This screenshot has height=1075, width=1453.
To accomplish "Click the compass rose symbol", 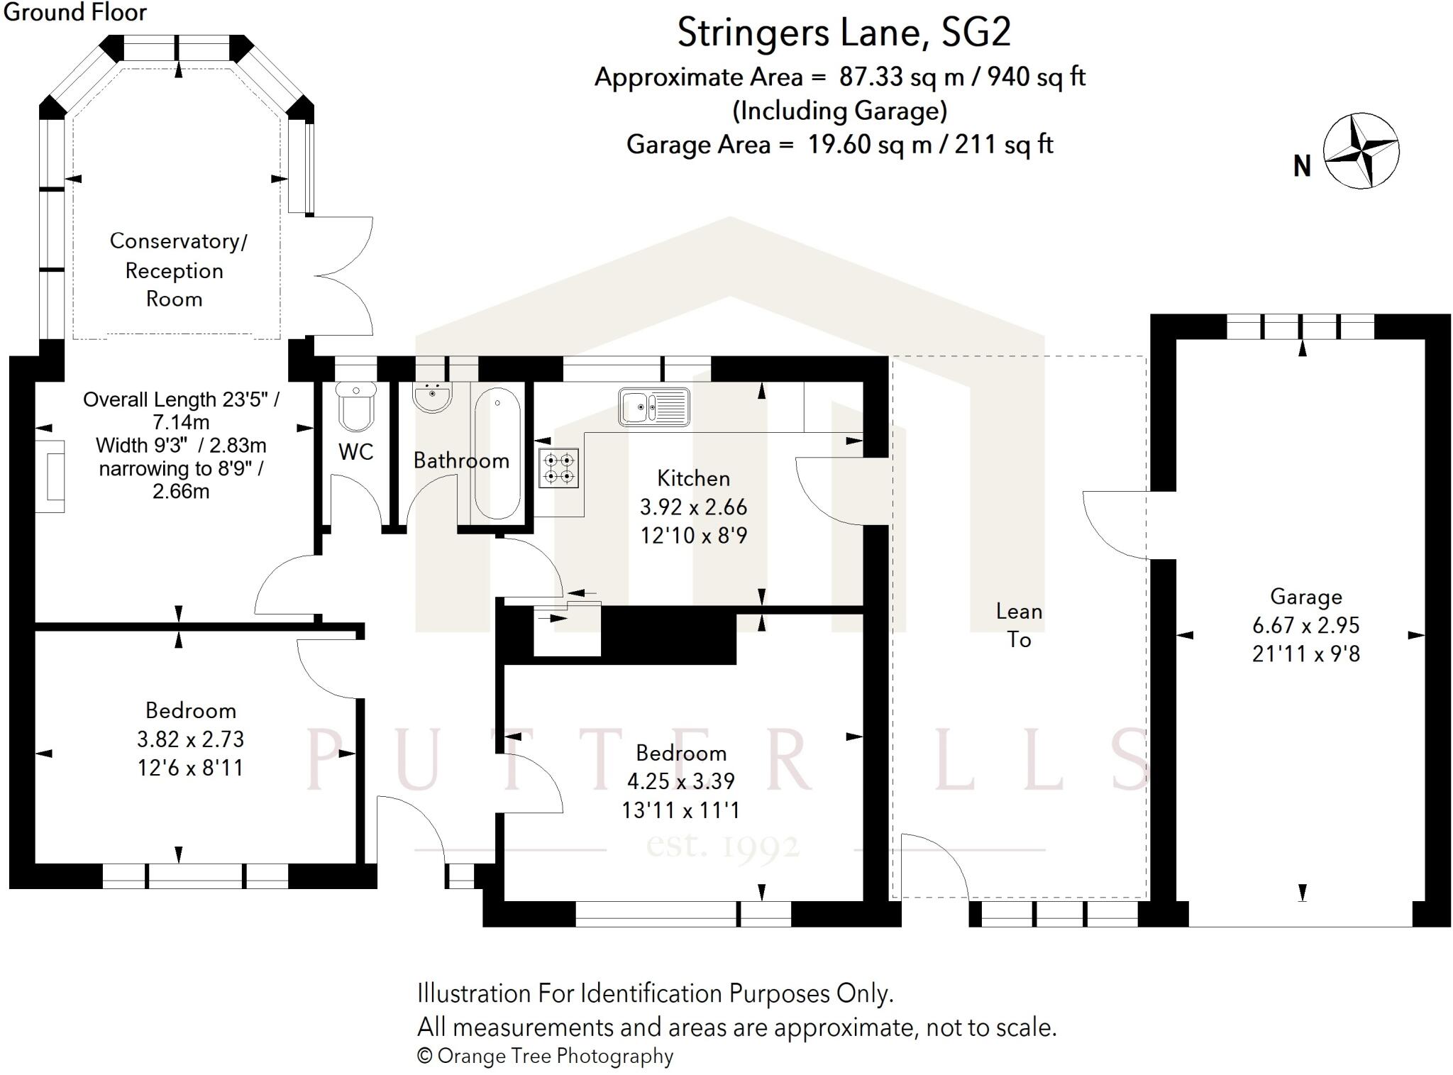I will [x=1361, y=150].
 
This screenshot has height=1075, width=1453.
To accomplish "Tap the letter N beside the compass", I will [x=1302, y=167].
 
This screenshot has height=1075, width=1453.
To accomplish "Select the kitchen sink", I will [x=653, y=407].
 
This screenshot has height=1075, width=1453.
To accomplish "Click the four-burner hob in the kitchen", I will [x=558, y=468].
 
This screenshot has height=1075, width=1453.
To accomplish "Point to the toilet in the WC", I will [x=356, y=407].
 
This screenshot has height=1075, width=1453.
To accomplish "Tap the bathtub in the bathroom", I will [x=497, y=454].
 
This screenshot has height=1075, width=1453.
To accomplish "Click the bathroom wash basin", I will [x=431, y=397].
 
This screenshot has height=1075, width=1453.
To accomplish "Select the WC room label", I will [x=355, y=452].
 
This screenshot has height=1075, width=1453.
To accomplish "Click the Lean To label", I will [x=1019, y=625].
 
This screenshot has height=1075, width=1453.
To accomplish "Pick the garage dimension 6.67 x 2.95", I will [x=1305, y=625].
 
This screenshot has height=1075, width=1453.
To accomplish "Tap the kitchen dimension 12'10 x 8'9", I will [x=693, y=535].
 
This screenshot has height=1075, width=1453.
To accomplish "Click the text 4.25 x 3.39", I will [x=680, y=781].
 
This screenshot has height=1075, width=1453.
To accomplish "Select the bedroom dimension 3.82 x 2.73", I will [x=190, y=739].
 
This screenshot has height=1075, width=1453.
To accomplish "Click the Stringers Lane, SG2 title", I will [x=844, y=33].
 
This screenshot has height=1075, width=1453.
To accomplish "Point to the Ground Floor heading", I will [x=74, y=12].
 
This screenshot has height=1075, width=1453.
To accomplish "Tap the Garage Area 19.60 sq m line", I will [x=839, y=145].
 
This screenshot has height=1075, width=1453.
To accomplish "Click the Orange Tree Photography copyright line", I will [x=545, y=1056].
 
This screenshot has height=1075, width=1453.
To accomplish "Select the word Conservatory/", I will [x=178, y=241].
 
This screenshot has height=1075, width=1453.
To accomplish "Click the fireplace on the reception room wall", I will [x=50, y=476].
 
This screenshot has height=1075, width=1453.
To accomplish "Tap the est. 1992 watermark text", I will [x=723, y=846].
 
